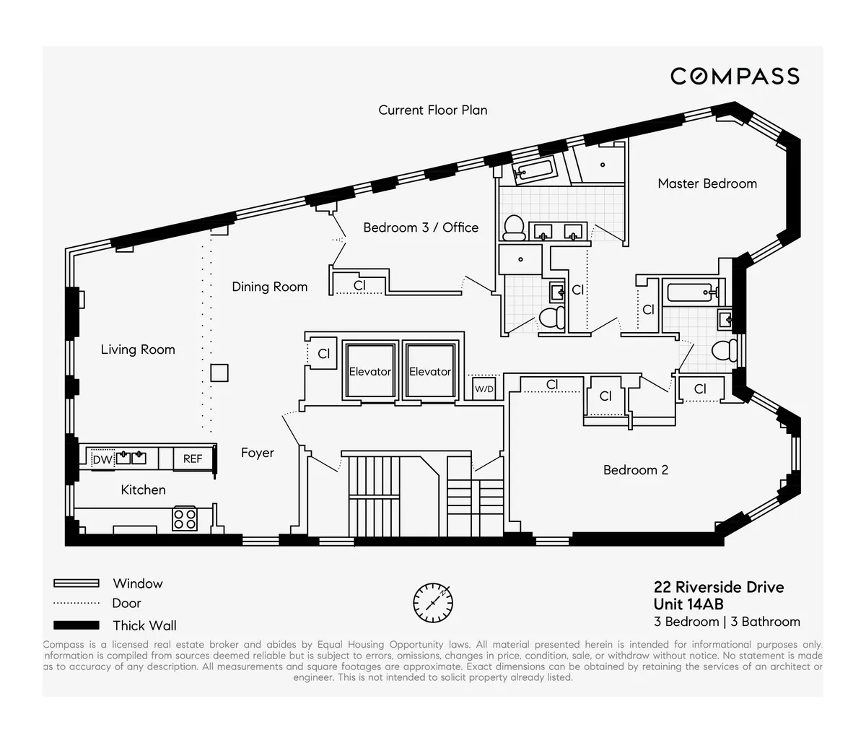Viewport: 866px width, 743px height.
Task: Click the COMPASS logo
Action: coord(735,76)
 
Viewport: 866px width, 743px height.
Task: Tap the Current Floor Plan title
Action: coord(433,110)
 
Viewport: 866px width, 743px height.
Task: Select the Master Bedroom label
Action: coord(707,183)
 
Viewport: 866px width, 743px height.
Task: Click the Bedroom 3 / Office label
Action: coord(421,227)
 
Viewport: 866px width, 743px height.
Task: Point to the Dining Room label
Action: coord(269,287)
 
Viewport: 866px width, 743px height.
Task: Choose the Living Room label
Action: coord(138,349)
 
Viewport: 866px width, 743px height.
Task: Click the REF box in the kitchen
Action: coord(193,459)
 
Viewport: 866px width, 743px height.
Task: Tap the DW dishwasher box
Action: coord(102,459)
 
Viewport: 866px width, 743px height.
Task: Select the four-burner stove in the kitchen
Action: coord(185,518)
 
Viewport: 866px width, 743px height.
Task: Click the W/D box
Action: coord(484,389)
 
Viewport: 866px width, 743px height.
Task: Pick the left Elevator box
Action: coord(369,371)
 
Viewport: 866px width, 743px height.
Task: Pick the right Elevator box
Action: coord(430,371)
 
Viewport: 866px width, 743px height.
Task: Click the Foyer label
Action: coord(258,453)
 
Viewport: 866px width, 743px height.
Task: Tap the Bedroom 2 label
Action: coord(636,470)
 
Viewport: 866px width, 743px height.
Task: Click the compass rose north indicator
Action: coord(433,602)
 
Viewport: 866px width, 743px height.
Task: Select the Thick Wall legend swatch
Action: coord(76,625)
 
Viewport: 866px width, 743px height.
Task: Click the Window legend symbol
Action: coord(76,583)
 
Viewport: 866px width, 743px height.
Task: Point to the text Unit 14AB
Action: coord(688,604)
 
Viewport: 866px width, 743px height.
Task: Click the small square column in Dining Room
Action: coord(219,373)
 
